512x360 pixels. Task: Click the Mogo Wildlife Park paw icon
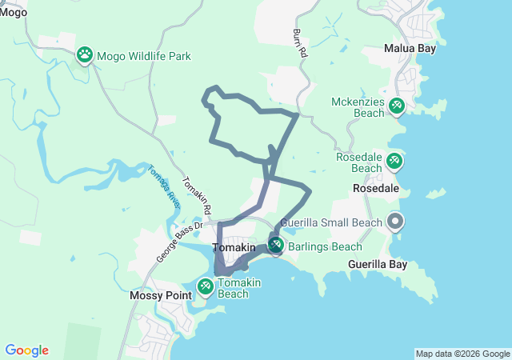(x=85, y=55)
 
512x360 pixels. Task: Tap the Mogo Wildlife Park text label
(x=144, y=57)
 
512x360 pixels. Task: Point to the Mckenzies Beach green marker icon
(x=396, y=105)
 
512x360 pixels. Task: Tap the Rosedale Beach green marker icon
(x=394, y=161)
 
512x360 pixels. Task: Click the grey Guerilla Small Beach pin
(x=394, y=220)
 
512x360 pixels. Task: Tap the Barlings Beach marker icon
(x=276, y=245)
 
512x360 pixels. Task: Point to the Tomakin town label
(x=234, y=248)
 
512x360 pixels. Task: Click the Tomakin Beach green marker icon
(x=205, y=285)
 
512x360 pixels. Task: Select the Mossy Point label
(x=161, y=295)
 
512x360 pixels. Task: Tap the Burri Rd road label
(x=301, y=44)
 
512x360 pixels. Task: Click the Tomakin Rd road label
(x=197, y=196)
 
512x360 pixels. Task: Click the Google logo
(x=26, y=350)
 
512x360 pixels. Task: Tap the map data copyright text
(x=462, y=354)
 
